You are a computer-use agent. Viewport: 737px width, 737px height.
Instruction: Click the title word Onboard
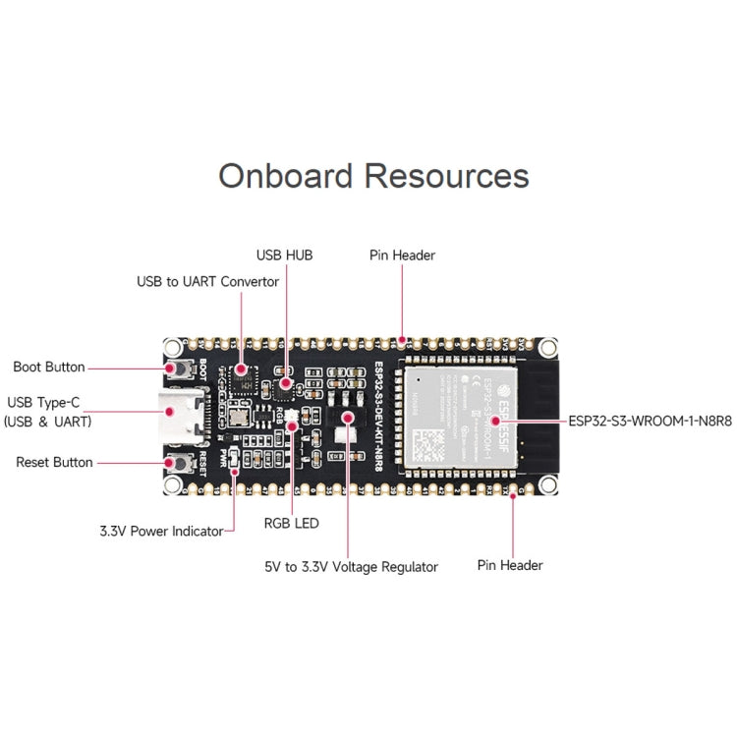(x=286, y=176)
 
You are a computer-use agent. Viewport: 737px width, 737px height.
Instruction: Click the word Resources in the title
(x=447, y=176)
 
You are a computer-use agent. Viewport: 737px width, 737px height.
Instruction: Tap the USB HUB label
(x=284, y=255)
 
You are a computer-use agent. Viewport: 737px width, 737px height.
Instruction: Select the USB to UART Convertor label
(x=207, y=282)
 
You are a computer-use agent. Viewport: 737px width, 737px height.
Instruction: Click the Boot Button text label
(x=49, y=368)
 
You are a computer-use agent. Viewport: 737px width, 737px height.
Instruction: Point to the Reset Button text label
(x=54, y=462)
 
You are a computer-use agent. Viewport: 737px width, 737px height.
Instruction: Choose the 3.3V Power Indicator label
(x=161, y=531)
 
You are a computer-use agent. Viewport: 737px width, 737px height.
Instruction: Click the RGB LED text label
(x=292, y=524)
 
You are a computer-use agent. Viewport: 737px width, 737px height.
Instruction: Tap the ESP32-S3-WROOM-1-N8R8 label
(x=650, y=420)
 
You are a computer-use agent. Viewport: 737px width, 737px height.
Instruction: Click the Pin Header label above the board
(x=402, y=255)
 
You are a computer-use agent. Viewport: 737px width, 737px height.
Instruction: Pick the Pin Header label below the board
(x=510, y=565)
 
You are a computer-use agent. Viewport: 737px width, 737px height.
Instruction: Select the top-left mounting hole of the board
(x=173, y=348)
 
